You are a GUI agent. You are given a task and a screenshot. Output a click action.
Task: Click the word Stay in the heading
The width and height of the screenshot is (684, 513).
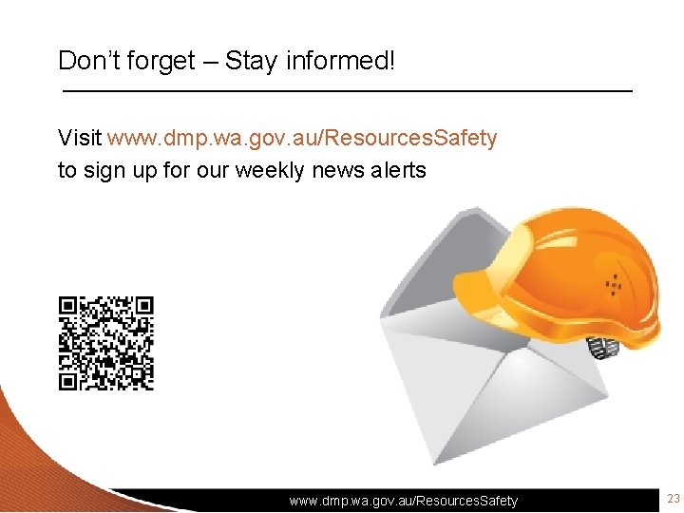click(251, 62)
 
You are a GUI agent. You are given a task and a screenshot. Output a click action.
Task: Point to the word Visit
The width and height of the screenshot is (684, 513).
click(80, 139)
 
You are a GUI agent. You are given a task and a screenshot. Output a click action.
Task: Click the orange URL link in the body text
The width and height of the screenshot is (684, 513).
click(302, 139)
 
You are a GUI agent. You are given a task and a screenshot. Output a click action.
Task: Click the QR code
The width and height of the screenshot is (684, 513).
click(105, 343)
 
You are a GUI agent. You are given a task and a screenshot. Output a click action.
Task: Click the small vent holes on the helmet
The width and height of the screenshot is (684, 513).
click(615, 283)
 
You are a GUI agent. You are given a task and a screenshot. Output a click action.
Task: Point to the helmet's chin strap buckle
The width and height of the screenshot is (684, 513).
click(604, 349)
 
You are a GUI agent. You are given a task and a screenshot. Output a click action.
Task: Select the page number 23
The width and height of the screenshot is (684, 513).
click(674, 500)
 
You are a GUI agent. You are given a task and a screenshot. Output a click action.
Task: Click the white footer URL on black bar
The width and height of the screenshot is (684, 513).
click(404, 501)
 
